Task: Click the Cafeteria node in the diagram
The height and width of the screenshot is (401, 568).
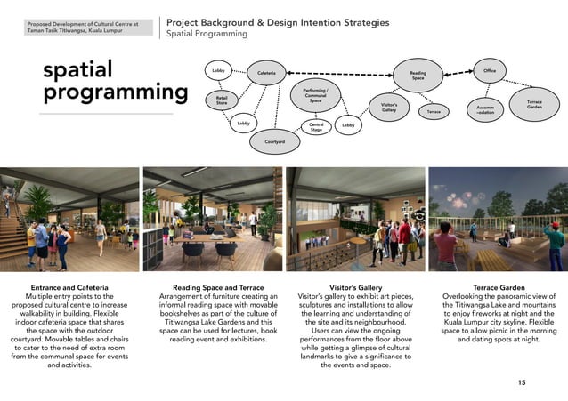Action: click(266, 73)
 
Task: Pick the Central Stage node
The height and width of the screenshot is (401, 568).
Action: click(315, 127)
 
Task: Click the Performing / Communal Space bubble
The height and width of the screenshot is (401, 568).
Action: click(315, 95)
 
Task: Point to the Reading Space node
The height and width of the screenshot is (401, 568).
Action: click(418, 77)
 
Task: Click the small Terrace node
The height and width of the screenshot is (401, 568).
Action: click(434, 112)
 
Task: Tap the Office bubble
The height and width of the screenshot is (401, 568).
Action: click(490, 69)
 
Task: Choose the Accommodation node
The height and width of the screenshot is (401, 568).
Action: click(485, 110)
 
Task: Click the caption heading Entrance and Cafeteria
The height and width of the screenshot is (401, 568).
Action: click(69, 287)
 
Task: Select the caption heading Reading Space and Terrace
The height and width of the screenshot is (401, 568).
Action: click(211, 287)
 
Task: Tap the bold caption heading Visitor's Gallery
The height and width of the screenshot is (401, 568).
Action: click(355, 287)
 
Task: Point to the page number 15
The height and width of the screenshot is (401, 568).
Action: click(521, 381)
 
